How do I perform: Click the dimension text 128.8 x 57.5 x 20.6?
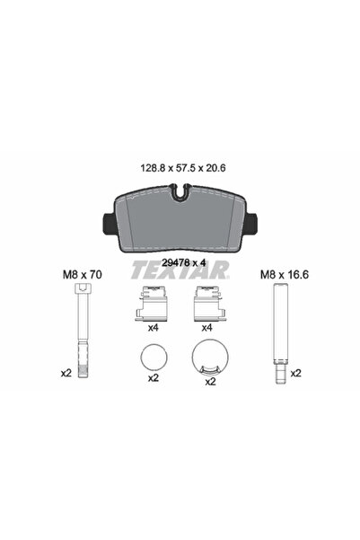(183, 168)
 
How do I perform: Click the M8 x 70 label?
(83, 274)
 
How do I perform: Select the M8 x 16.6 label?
(285, 274)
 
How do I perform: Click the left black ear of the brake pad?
(110, 224)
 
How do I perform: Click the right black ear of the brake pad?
(251, 224)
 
